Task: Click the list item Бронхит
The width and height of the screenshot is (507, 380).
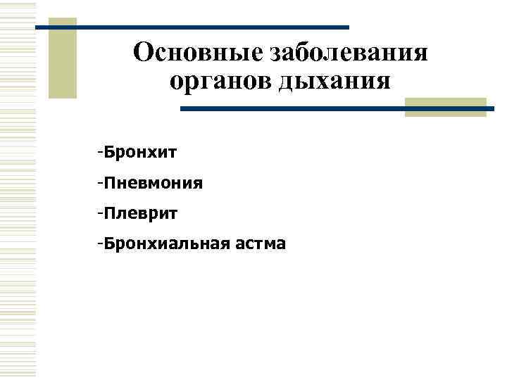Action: (141, 152)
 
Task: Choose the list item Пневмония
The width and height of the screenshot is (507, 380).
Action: (154, 184)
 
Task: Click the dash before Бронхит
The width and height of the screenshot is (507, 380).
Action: (102, 152)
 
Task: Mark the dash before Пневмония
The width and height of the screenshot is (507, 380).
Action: (102, 183)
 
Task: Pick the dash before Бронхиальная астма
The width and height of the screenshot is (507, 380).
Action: (102, 243)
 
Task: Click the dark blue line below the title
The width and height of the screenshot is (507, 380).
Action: (331, 109)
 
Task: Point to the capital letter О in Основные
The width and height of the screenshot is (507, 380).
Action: (144, 53)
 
